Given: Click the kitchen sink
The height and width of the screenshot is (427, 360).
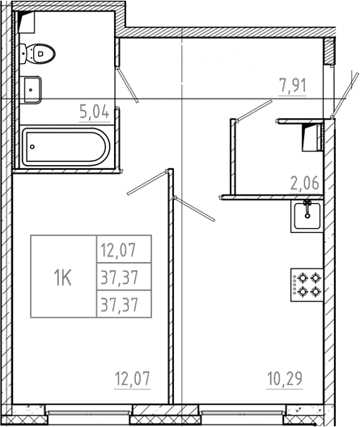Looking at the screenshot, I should (307, 215).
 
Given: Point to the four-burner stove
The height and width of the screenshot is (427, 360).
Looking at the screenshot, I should (307, 285).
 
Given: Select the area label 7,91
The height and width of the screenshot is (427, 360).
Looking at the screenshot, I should (294, 85).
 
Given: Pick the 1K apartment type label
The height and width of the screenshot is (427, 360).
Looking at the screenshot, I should (62, 278).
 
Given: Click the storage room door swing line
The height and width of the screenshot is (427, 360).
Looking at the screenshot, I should (254, 110).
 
